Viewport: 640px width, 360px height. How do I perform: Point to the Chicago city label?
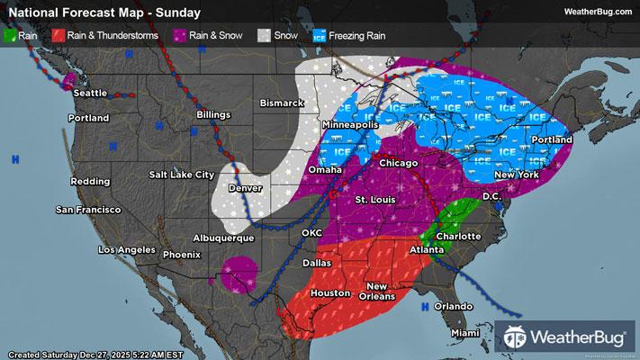click(x=398, y=163)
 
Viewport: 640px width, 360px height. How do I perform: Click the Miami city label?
click(x=466, y=333)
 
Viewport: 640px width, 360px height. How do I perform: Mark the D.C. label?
click(x=491, y=195)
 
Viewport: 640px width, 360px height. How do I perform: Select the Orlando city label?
click(x=452, y=307)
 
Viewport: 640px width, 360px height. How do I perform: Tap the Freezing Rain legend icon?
click(x=320, y=36)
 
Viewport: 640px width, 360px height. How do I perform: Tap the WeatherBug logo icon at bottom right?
click(x=517, y=339)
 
